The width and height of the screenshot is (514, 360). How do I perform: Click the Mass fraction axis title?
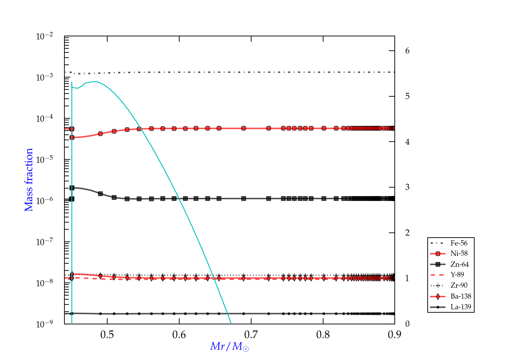pyautogui.click(x=29, y=180)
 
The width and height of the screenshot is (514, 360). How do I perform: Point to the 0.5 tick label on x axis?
pyautogui.click(x=107, y=335)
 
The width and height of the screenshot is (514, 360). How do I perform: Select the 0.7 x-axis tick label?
pyautogui.click(x=251, y=335)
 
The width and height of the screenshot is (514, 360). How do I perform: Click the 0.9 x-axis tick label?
pyautogui.click(x=395, y=335)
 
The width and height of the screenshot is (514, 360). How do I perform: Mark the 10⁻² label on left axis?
pyautogui.click(x=45, y=36)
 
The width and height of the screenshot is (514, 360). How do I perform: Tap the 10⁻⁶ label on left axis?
pyautogui.click(x=45, y=201)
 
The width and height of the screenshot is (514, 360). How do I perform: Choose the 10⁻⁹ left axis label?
pyautogui.click(x=45, y=324)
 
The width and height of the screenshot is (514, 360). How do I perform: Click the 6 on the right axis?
pyautogui.click(x=407, y=51)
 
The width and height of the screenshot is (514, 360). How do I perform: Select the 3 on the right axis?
pyautogui.click(x=407, y=187)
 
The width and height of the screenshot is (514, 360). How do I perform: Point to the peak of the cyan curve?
pyautogui.click(x=94, y=82)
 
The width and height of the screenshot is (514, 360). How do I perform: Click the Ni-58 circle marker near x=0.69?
pyautogui.click(x=244, y=128)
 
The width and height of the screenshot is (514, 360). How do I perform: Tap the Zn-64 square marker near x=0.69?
pyautogui.click(x=244, y=199)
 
